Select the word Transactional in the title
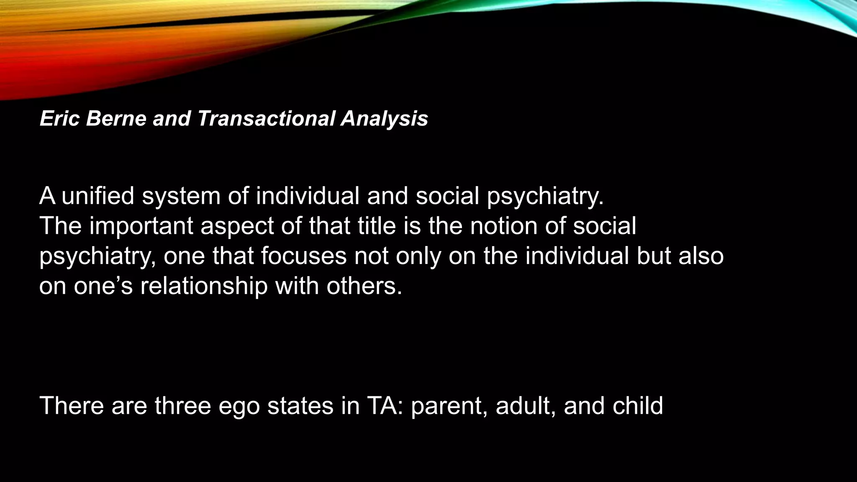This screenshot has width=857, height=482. [x=266, y=118]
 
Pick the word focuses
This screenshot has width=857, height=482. [x=304, y=256]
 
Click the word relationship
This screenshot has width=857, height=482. [x=204, y=286]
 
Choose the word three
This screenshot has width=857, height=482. [x=183, y=405]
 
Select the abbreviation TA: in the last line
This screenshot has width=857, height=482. [x=385, y=405]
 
